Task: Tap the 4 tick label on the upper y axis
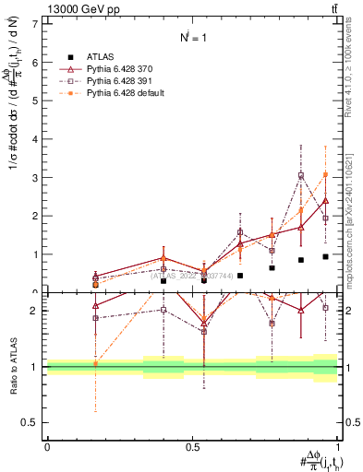tap(36, 139)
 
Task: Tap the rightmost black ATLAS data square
tap(325, 256)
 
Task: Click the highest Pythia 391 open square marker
tap(301, 175)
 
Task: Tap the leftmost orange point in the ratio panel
tap(95, 363)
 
